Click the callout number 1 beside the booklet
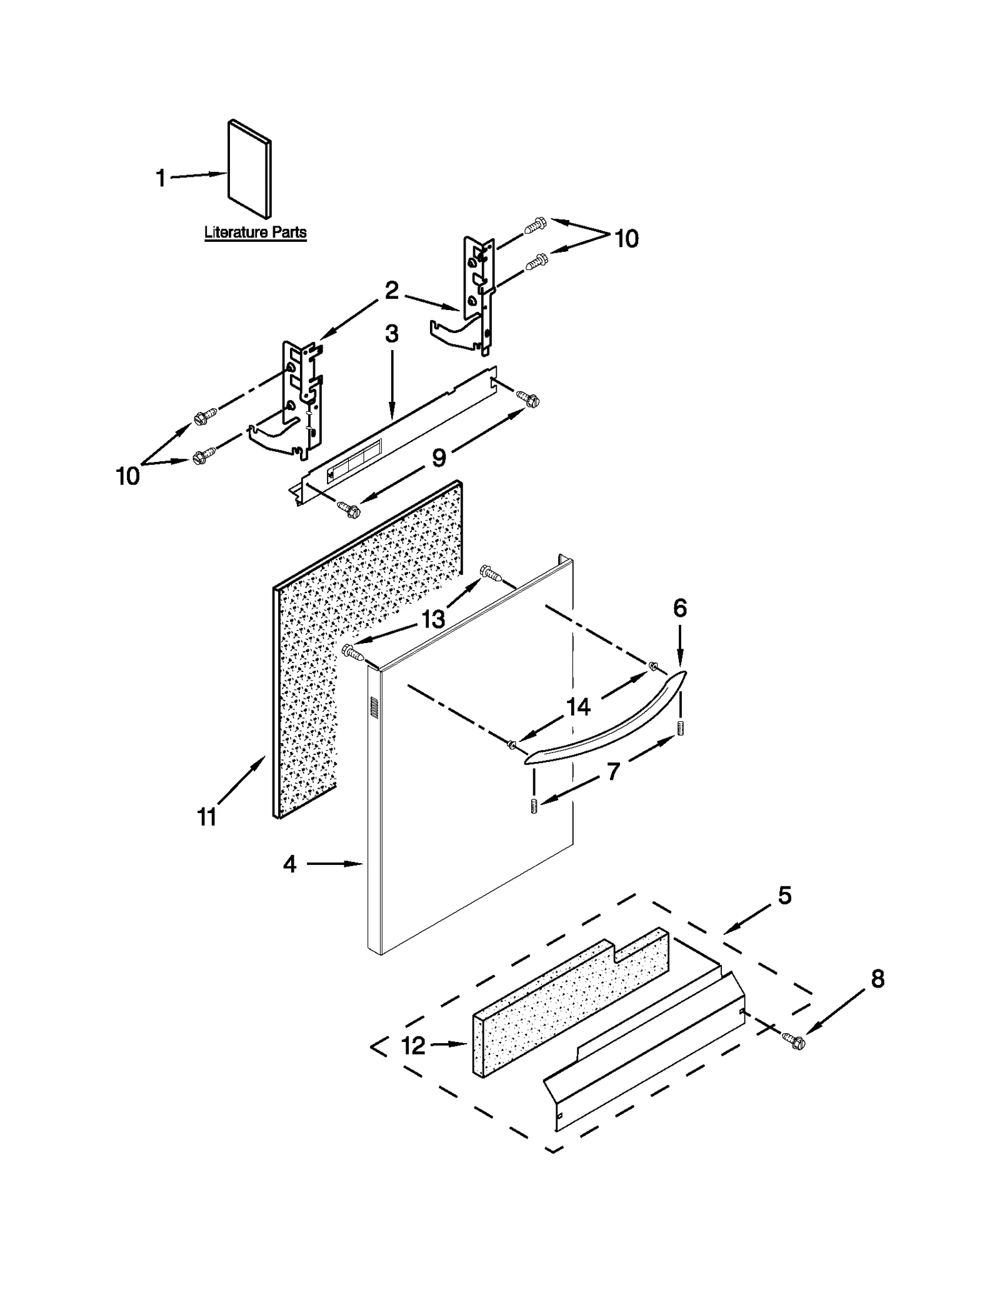tap(161, 178)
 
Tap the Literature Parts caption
tap(255, 232)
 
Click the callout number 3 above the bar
tap(391, 334)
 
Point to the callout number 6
tap(680, 607)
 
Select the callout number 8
tap(877, 979)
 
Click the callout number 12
tap(413, 1045)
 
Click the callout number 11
tap(207, 816)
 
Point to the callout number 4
tap(289, 864)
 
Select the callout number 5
tap(785, 895)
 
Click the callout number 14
tap(578, 707)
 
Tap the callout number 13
tap(432, 619)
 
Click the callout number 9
tap(439, 457)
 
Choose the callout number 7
tap(613, 772)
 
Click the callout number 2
tap(391, 290)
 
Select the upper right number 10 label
tap(626, 238)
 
